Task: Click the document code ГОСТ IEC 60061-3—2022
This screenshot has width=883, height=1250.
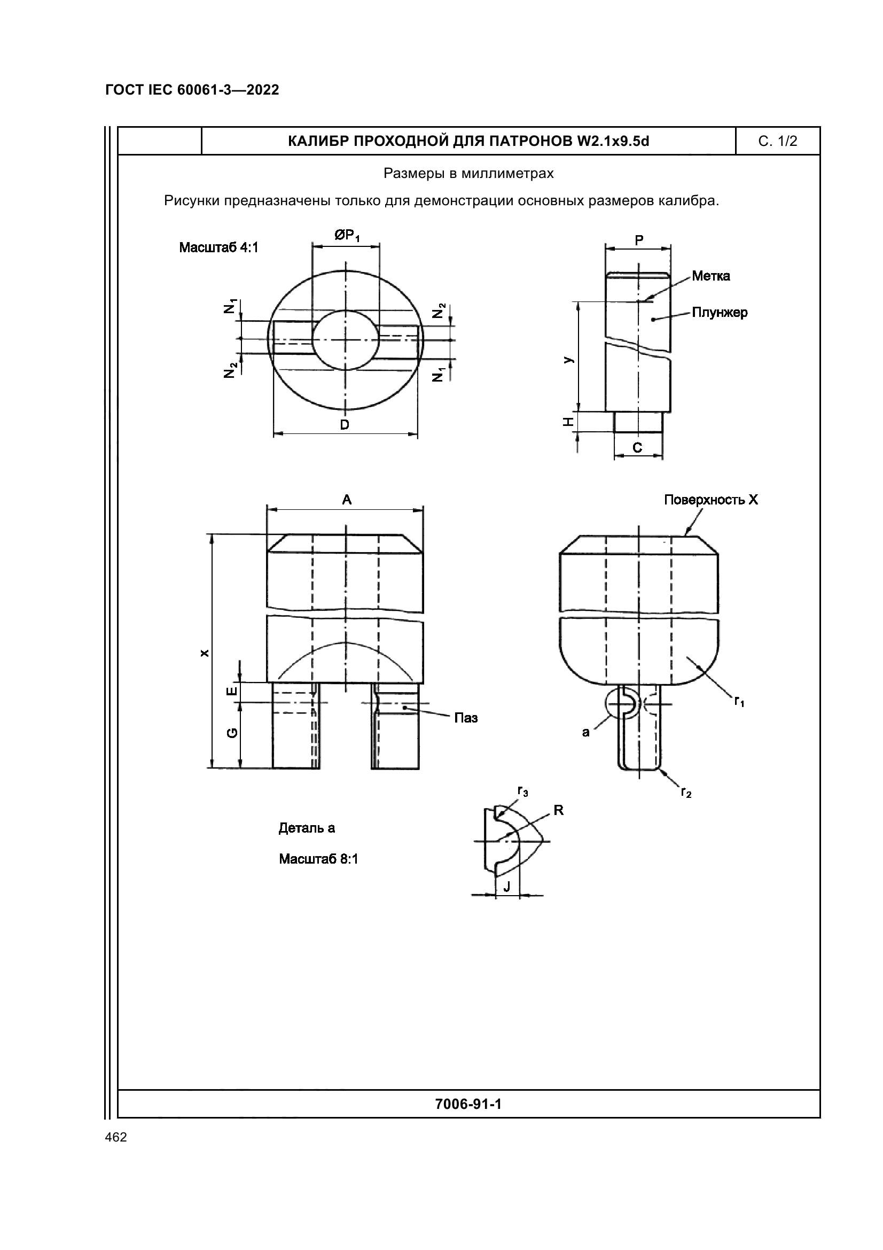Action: [x=192, y=90]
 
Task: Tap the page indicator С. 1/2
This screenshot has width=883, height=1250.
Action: [x=777, y=142]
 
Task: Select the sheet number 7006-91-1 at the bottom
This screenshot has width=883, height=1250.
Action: [x=468, y=1104]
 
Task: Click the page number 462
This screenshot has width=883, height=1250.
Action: [x=116, y=1137]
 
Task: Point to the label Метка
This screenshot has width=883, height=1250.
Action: [x=710, y=276]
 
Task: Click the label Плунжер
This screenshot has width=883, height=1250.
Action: [x=719, y=313]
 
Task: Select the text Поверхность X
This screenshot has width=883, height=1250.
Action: [x=710, y=500]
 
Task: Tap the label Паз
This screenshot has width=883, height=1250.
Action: [x=466, y=718]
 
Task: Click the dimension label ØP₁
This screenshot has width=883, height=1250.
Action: [x=347, y=236]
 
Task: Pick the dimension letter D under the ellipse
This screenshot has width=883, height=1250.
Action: [x=345, y=425]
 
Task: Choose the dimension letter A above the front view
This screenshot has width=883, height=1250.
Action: [x=347, y=500]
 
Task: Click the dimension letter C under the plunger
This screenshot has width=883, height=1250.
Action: [x=637, y=447]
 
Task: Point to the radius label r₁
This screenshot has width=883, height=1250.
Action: [x=739, y=702]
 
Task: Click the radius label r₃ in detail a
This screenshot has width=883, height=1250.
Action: [x=522, y=792]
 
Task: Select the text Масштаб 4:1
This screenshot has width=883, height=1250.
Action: [x=218, y=248]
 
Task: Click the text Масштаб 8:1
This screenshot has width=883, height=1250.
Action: [x=318, y=859]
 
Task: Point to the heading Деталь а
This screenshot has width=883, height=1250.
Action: [x=307, y=828]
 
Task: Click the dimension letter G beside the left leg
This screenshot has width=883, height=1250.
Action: [x=232, y=733]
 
